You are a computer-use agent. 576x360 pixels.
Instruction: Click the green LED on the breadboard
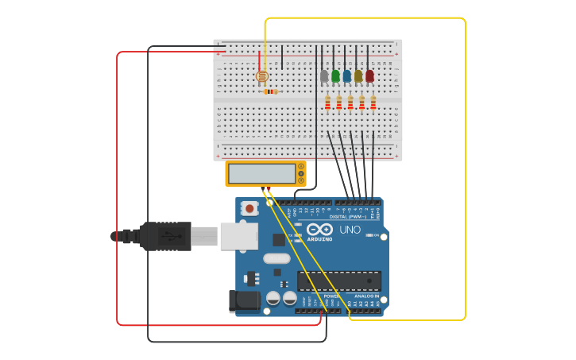[335, 76]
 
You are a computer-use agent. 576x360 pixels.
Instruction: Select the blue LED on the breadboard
[346, 76]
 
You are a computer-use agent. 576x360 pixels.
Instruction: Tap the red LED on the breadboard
[369, 76]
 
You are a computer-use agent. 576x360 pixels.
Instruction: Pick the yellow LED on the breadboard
[358, 76]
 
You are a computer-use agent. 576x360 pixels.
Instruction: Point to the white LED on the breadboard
[323, 76]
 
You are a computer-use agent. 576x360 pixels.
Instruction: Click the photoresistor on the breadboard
[262, 76]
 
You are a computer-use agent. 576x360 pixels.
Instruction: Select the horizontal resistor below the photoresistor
[271, 91]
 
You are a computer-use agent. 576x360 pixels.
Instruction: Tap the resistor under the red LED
[373, 103]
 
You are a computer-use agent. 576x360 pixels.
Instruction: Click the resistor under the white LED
[327, 103]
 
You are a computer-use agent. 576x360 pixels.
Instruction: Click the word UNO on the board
[350, 230]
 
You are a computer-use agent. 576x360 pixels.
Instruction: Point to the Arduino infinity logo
[319, 229]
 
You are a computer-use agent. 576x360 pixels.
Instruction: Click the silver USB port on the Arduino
[238, 237]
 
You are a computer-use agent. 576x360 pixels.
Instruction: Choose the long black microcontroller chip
[338, 281]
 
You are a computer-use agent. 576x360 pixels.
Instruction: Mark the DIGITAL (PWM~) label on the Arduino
[348, 216]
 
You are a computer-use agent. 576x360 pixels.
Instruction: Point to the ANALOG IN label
[366, 296]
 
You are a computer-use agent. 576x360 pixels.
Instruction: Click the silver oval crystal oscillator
[276, 258]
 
